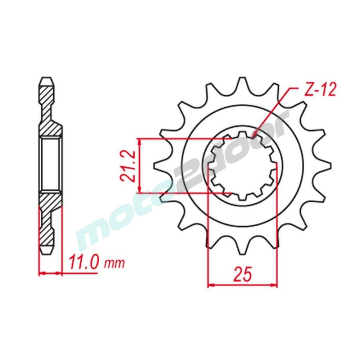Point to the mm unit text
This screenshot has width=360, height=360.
pyautogui.click(x=114, y=264)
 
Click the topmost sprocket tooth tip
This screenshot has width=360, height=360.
pyautogui.click(x=242, y=78)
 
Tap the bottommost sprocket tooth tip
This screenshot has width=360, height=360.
pyautogui.click(x=242, y=253)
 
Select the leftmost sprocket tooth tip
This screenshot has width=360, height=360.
pyautogui.click(x=154, y=166)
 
